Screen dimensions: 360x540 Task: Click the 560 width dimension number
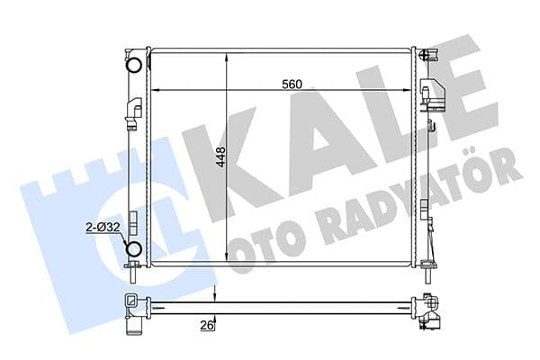point(290,84)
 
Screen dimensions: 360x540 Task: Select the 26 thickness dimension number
point(207,326)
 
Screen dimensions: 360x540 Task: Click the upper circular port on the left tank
point(134,66)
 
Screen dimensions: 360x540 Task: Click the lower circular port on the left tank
point(134,248)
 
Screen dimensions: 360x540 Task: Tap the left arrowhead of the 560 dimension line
point(155,91)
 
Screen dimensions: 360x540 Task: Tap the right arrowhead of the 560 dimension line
point(409,91)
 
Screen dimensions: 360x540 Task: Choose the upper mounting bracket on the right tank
point(432,94)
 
